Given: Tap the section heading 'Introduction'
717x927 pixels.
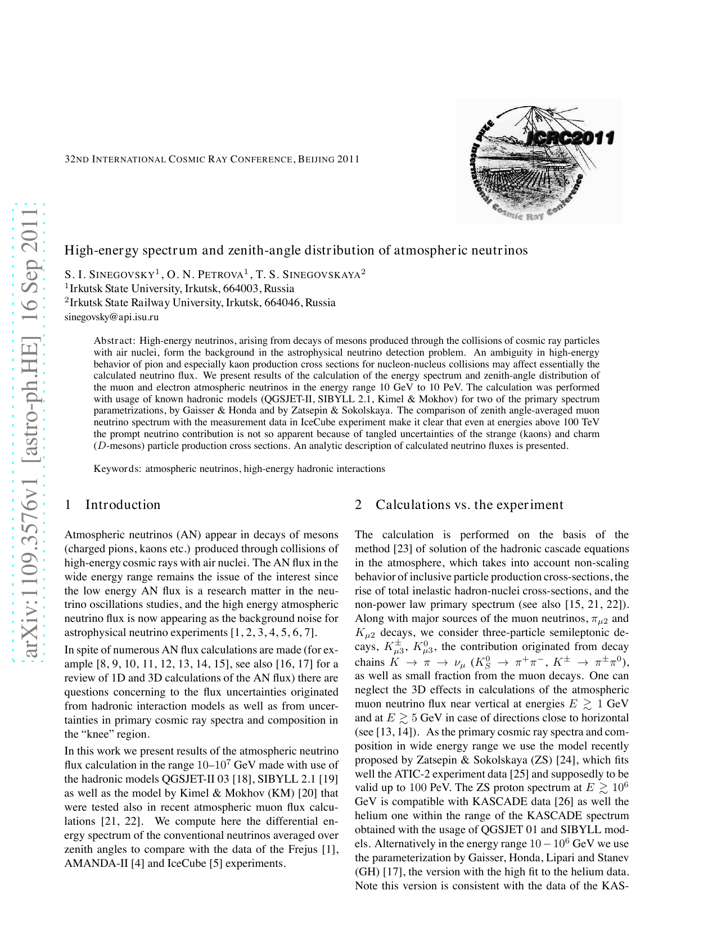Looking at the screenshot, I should tap(123, 505).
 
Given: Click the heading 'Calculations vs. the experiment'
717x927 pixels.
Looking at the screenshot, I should tap(469, 505).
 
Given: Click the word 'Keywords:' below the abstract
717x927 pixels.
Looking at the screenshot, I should tap(118, 469).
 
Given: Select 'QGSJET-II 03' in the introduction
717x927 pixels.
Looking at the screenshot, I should tap(192, 779).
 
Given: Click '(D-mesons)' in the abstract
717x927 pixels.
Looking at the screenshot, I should tap(119, 446).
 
